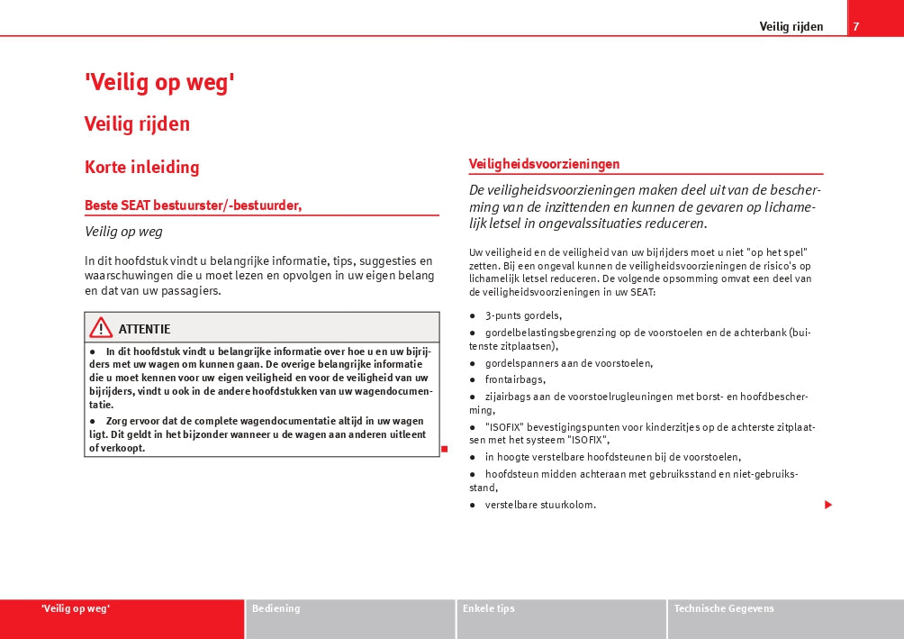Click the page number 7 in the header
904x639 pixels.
click(856, 26)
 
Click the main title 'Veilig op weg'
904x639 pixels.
click(159, 83)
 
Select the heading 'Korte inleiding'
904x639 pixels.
click(141, 167)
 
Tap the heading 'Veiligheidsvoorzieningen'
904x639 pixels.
click(544, 164)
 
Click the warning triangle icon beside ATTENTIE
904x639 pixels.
click(101, 328)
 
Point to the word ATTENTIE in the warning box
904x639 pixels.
click(144, 329)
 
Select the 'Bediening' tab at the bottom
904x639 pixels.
click(276, 608)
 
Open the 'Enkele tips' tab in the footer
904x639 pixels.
click(489, 608)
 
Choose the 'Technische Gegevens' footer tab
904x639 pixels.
click(724, 608)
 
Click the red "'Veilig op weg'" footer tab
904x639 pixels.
click(76, 608)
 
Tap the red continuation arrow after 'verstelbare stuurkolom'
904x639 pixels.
click(828, 505)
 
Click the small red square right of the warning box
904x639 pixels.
click(445, 449)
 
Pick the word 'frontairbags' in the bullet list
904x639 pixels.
click(515, 379)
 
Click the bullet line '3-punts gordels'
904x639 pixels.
click(523, 315)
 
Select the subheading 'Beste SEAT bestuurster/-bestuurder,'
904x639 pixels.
click(193, 205)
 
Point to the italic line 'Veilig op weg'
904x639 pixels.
click(123, 232)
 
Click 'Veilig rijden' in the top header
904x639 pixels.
click(791, 26)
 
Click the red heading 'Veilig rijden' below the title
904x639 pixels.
click(137, 123)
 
